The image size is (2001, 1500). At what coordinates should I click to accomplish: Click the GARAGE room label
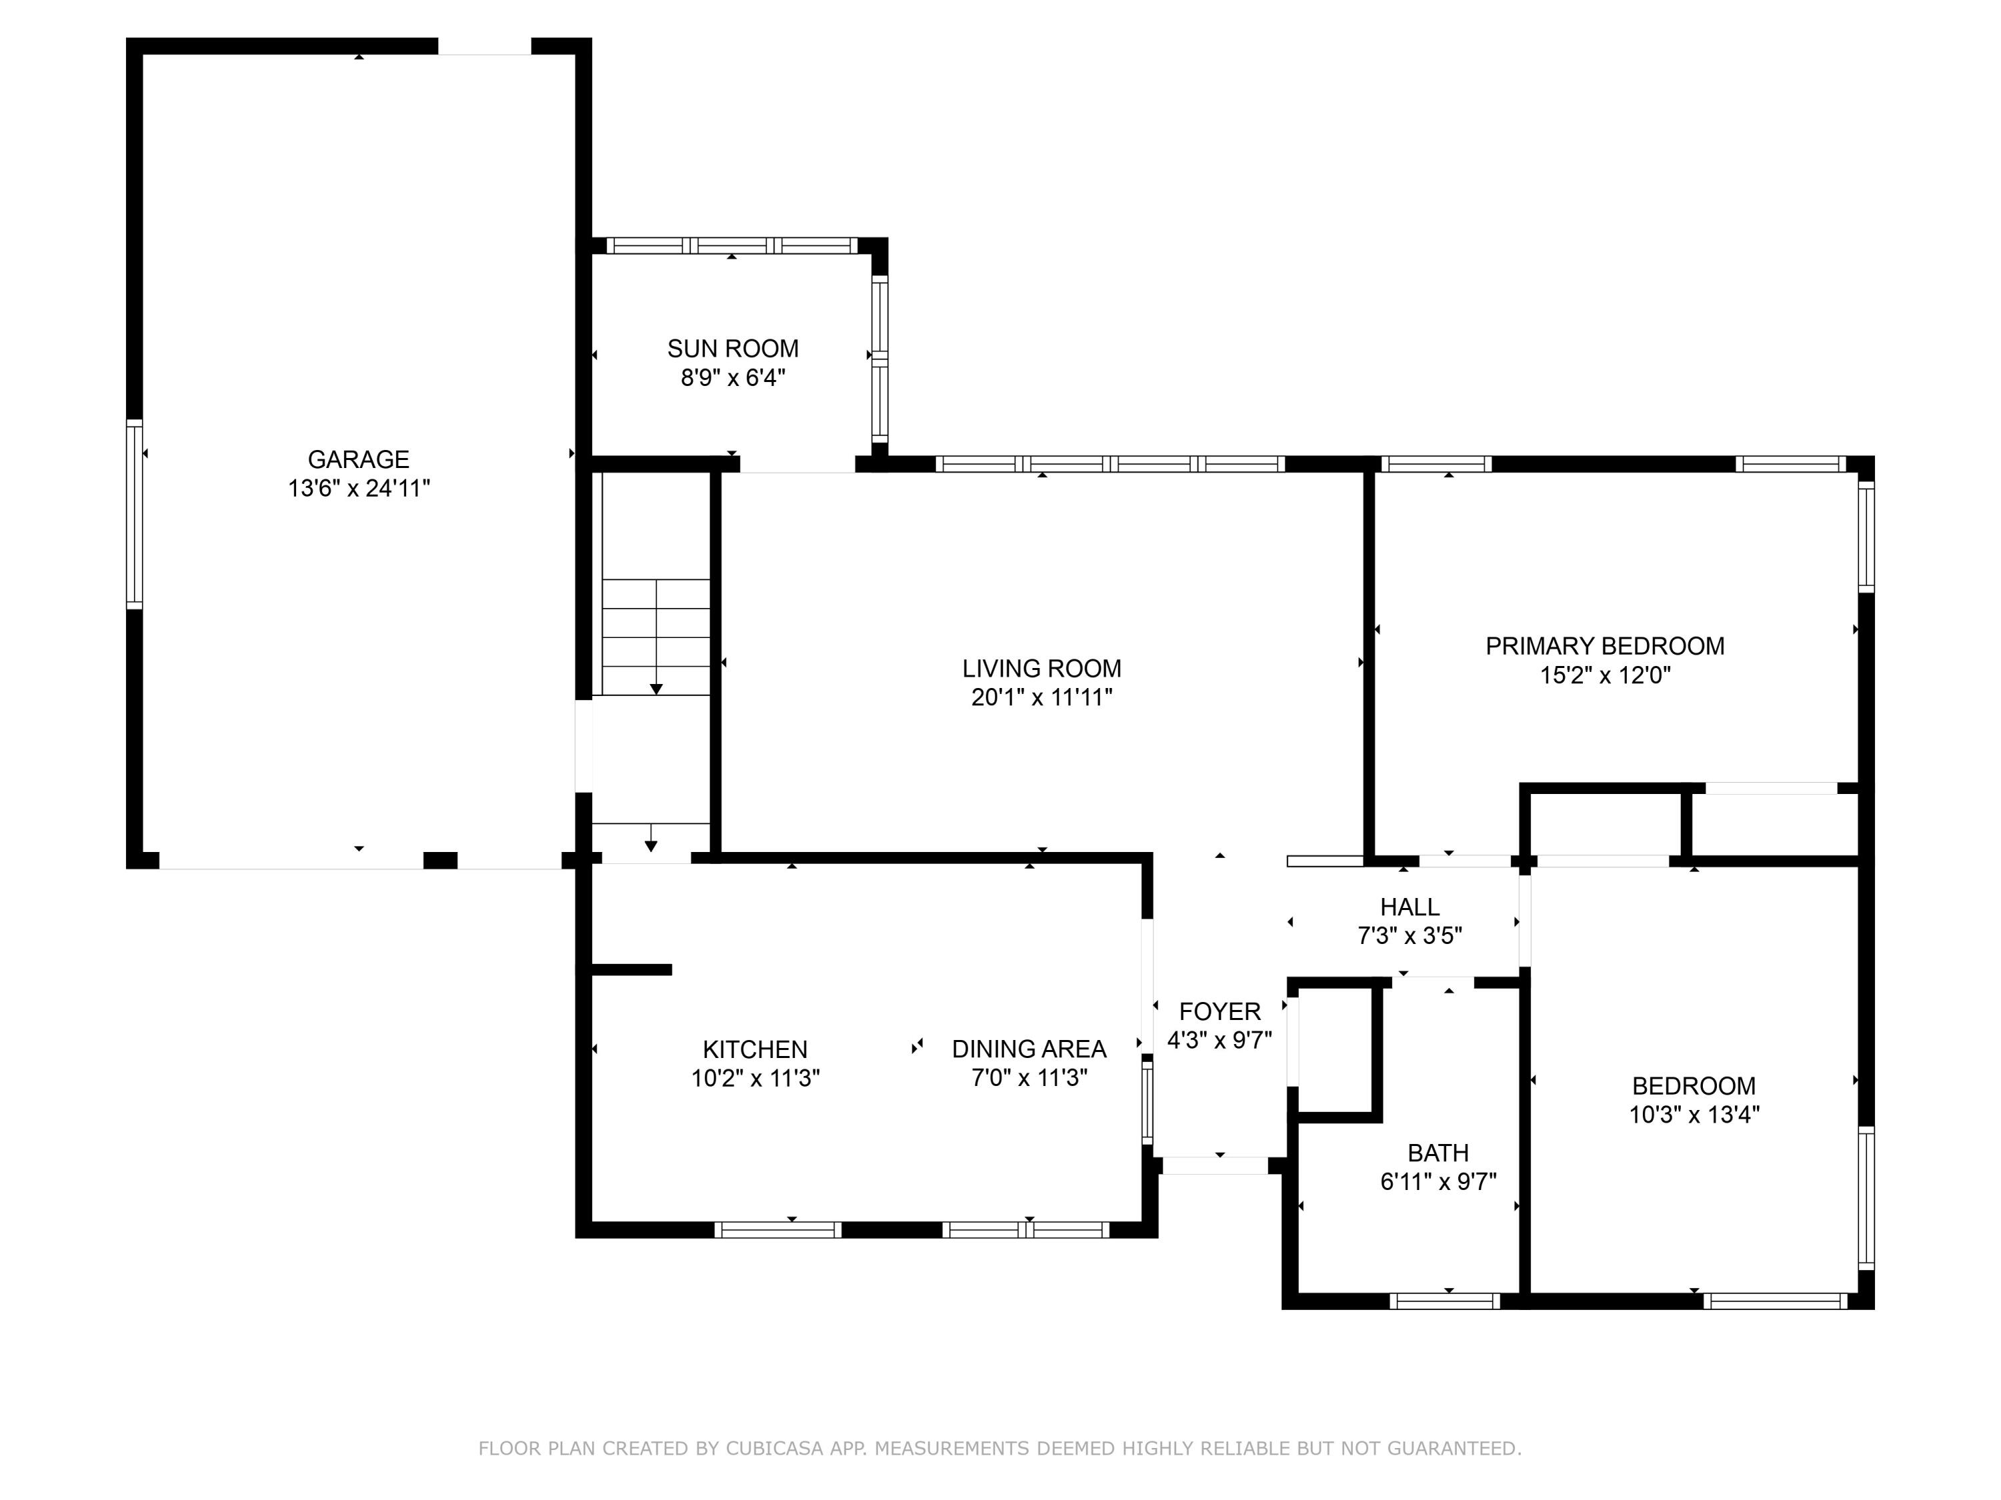358,459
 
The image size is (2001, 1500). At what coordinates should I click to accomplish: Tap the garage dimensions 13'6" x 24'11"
358,488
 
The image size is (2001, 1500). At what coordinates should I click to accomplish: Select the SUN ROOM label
733,348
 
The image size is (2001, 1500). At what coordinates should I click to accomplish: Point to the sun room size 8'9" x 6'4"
733,377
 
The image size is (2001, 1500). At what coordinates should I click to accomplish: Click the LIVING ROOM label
1041,668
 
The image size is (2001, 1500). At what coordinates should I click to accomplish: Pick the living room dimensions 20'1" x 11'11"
1041,697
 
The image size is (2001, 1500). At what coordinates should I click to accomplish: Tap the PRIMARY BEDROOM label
1605,645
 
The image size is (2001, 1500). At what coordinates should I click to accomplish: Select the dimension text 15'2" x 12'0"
1605,675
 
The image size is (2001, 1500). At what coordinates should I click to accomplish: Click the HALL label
1409,906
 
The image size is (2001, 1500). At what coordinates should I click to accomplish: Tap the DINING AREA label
1029,1049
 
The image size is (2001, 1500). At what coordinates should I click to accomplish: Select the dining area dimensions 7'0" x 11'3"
1029,1078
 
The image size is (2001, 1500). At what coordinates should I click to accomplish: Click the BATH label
1438,1153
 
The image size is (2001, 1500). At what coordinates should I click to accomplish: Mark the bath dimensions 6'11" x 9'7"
1438,1182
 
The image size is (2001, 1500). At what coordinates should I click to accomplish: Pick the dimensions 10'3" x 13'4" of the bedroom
1694,1114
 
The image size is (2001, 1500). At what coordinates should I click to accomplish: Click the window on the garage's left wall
134,513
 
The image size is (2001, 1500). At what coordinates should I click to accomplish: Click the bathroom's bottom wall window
1445,1301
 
